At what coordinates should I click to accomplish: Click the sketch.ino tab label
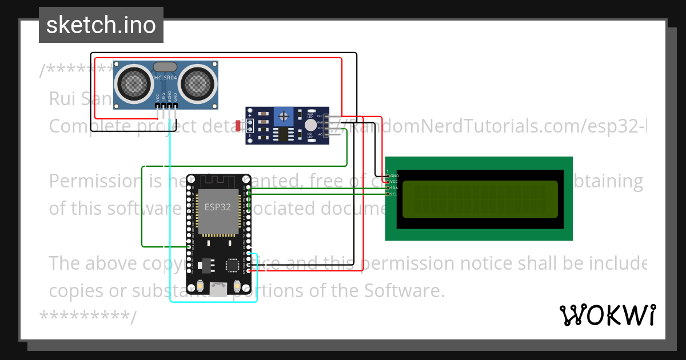[101, 25]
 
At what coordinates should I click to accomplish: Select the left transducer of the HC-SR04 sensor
[135, 84]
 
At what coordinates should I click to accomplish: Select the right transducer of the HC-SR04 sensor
[198, 84]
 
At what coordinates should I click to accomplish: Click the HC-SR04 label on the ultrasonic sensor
[166, 78]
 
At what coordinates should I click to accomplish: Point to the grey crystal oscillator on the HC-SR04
[165, 67]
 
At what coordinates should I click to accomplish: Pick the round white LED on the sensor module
[310, 125]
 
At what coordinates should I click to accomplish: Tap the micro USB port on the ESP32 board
[218, 290]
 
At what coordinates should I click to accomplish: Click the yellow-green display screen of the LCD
[480, 199]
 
